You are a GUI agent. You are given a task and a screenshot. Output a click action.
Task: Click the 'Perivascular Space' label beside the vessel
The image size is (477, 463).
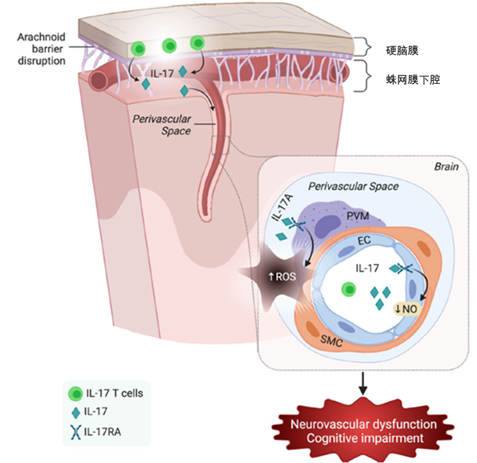162,125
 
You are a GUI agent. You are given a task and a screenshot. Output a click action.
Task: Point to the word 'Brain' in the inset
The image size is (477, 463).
446,166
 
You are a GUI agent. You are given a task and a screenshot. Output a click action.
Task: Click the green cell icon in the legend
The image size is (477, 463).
75,393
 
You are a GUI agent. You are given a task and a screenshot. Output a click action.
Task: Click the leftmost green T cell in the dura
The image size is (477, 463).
139,49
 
